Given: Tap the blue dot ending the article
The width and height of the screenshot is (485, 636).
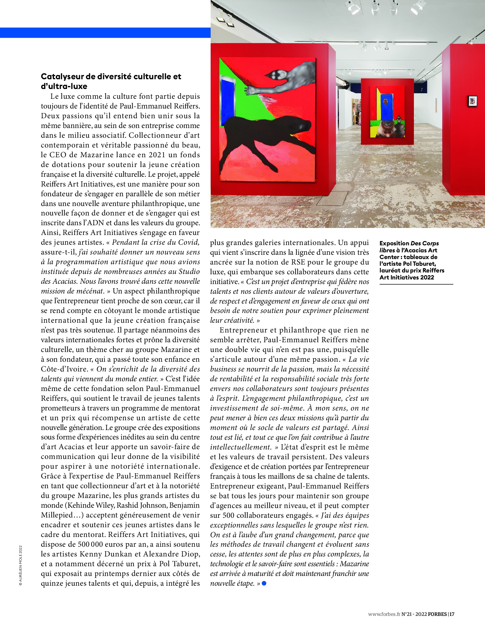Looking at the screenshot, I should click(264, 583).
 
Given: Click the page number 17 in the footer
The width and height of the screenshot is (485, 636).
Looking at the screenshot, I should click(452, 614).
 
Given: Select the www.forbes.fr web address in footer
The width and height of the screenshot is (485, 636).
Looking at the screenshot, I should click(384, 614).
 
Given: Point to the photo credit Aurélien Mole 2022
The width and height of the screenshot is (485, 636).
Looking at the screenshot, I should click(20, 565).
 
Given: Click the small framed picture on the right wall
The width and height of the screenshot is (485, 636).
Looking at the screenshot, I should click(472, 101).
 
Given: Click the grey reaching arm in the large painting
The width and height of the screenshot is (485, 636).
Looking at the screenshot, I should click(284, 79).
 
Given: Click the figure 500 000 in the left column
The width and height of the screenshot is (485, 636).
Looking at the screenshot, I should click(87, 544).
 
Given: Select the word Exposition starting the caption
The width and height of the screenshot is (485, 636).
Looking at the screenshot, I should click(394, 243).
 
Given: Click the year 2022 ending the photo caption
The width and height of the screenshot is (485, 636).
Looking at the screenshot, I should click(427, 277).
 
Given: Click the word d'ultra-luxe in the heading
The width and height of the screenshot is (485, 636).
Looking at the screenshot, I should click(64, 86).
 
